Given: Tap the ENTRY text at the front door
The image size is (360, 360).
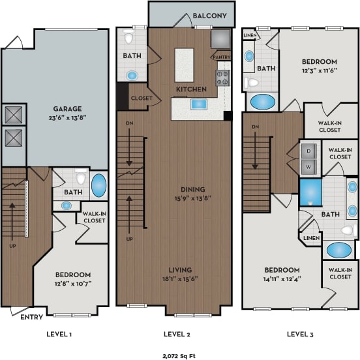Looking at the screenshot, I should pos(32,317).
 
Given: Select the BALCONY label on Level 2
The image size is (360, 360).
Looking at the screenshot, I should pos(209,16).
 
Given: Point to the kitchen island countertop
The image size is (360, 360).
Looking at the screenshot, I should pos(185,64).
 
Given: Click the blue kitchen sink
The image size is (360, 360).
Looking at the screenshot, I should pos(197,104).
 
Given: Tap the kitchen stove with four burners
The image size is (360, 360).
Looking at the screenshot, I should pos(223,79).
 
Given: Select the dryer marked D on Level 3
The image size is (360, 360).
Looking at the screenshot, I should pos(307,150).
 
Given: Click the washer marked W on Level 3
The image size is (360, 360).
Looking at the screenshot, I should pos(307,167).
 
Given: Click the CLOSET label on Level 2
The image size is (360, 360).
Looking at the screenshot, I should pos(142,99).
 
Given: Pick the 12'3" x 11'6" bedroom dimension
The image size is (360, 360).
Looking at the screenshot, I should pos(318,70).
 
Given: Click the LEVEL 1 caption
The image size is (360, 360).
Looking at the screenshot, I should pos(59,334).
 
